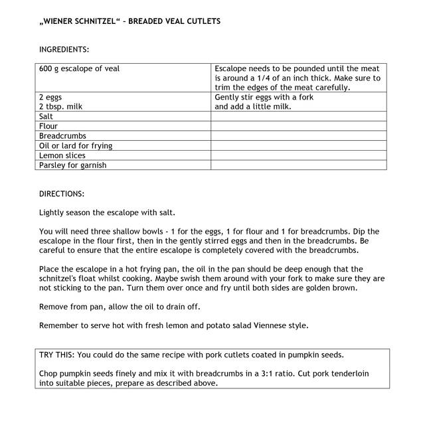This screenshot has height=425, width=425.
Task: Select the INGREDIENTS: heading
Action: [64, 50]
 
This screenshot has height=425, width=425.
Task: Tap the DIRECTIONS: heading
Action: [62, 194]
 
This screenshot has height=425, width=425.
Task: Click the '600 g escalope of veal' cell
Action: [80, 69]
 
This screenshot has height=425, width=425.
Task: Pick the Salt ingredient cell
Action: [46, 116]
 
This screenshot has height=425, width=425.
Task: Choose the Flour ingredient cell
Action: [48, 126]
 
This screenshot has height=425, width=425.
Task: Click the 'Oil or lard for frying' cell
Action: [75, 146]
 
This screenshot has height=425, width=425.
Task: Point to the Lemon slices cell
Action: [62, 155]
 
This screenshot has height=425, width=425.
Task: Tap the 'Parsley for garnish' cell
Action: [72, 165]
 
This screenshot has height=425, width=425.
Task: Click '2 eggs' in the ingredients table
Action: [50, 97]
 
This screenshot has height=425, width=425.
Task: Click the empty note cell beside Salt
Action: [298, 116]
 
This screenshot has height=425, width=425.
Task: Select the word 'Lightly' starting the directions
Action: [52, 212]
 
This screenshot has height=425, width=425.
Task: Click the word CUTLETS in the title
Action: [203, 21]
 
